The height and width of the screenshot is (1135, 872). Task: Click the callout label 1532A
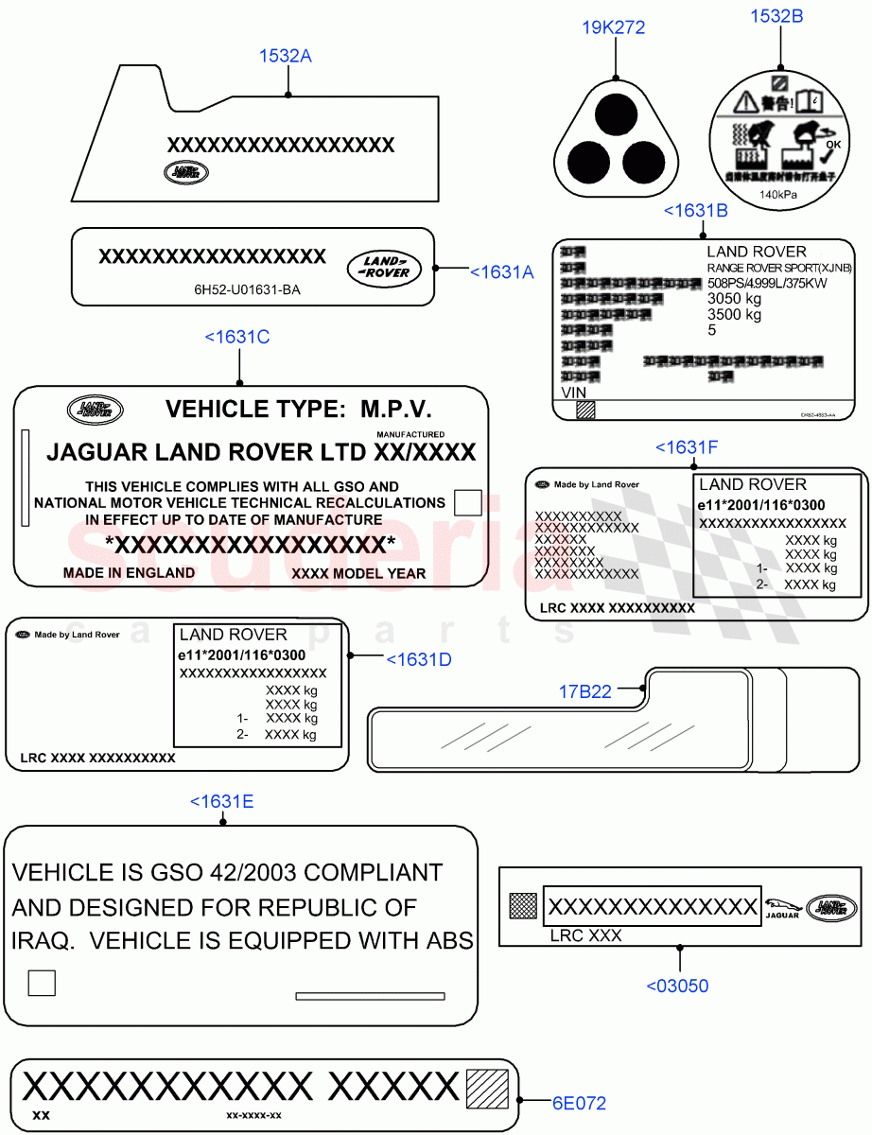point(286,56)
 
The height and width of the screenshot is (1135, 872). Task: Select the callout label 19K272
point(615,27)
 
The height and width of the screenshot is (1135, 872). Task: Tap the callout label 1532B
point(776,15)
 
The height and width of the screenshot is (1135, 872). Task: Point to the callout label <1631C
point(237,336)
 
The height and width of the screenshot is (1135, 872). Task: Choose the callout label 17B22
point(584,691)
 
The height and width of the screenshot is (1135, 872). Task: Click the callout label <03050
point(677,986)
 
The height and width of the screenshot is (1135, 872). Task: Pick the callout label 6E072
point(579,1103)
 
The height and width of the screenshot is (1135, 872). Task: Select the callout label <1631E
point(221,801)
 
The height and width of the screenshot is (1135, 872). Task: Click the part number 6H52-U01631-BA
point(241,290)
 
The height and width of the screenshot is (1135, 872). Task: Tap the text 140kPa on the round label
point(778,195)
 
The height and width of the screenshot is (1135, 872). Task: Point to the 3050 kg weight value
point(734,298)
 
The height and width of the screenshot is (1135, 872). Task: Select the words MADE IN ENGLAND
point(129,572)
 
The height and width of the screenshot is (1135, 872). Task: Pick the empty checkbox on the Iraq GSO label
point(42,983)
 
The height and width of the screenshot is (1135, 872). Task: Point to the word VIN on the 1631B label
point(574,392)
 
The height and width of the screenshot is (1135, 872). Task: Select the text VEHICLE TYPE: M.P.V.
point(299,409)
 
